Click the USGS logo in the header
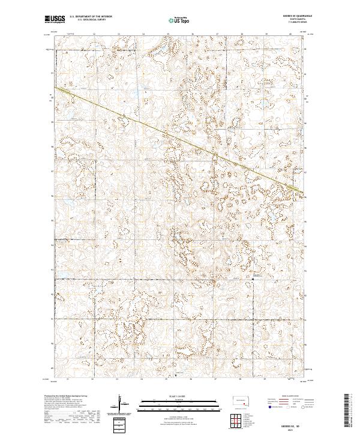[x=55, y=19]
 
